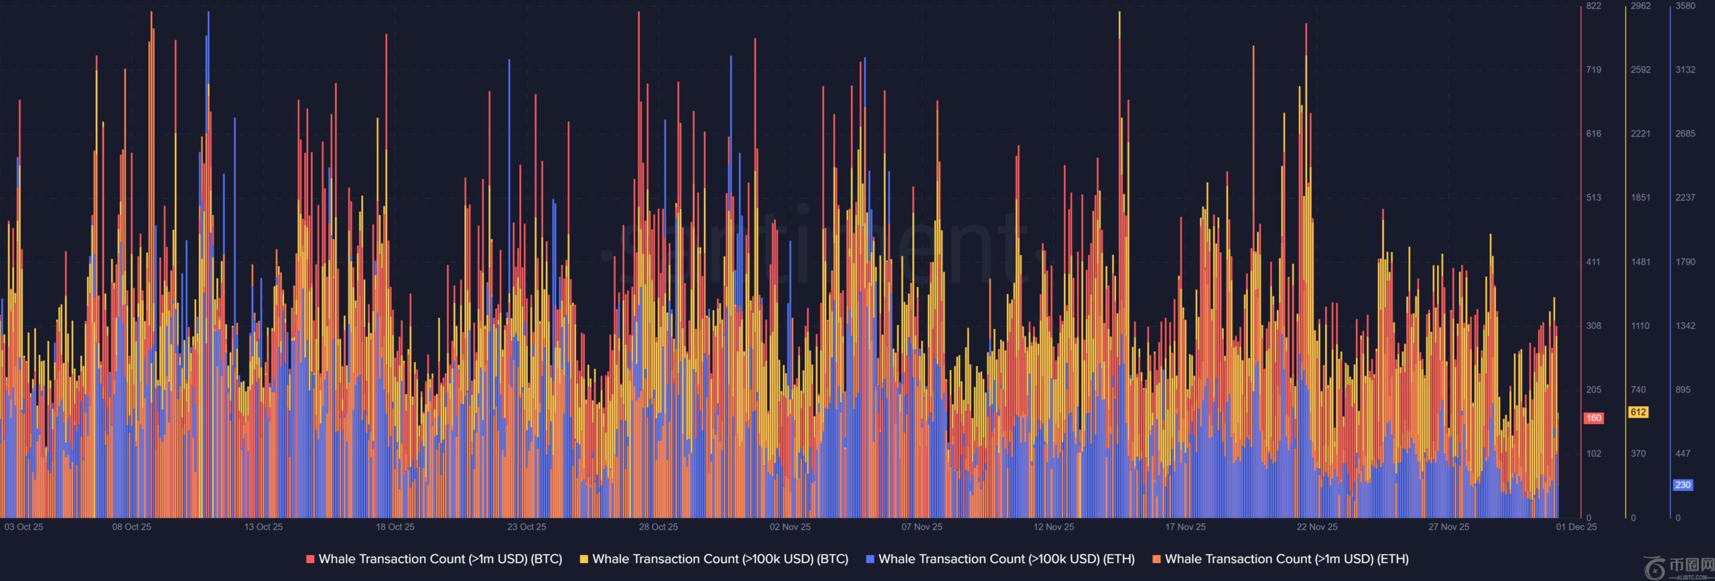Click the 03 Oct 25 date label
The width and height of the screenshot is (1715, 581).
[23, 527]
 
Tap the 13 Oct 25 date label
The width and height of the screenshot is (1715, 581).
[263, 527]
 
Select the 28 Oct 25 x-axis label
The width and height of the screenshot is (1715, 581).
[658, 527]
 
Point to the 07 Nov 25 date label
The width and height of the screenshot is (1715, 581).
[921, 527]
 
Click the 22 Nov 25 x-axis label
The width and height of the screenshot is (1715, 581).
[1316, 527]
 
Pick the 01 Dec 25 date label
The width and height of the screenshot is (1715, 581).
[1576, 527]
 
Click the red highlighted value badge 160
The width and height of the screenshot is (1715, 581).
[1593, 418]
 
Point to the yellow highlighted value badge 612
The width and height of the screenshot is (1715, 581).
[1639, 412]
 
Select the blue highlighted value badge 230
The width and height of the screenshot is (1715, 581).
[1683, 485]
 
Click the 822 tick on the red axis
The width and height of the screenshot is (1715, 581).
[1593, 6]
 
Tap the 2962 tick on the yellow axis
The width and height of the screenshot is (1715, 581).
[1641, 6]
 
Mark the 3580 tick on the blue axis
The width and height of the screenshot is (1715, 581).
[1686, 6]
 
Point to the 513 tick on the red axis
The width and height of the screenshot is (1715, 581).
[1593, 198]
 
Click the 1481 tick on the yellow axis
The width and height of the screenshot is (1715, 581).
[1641, 262]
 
